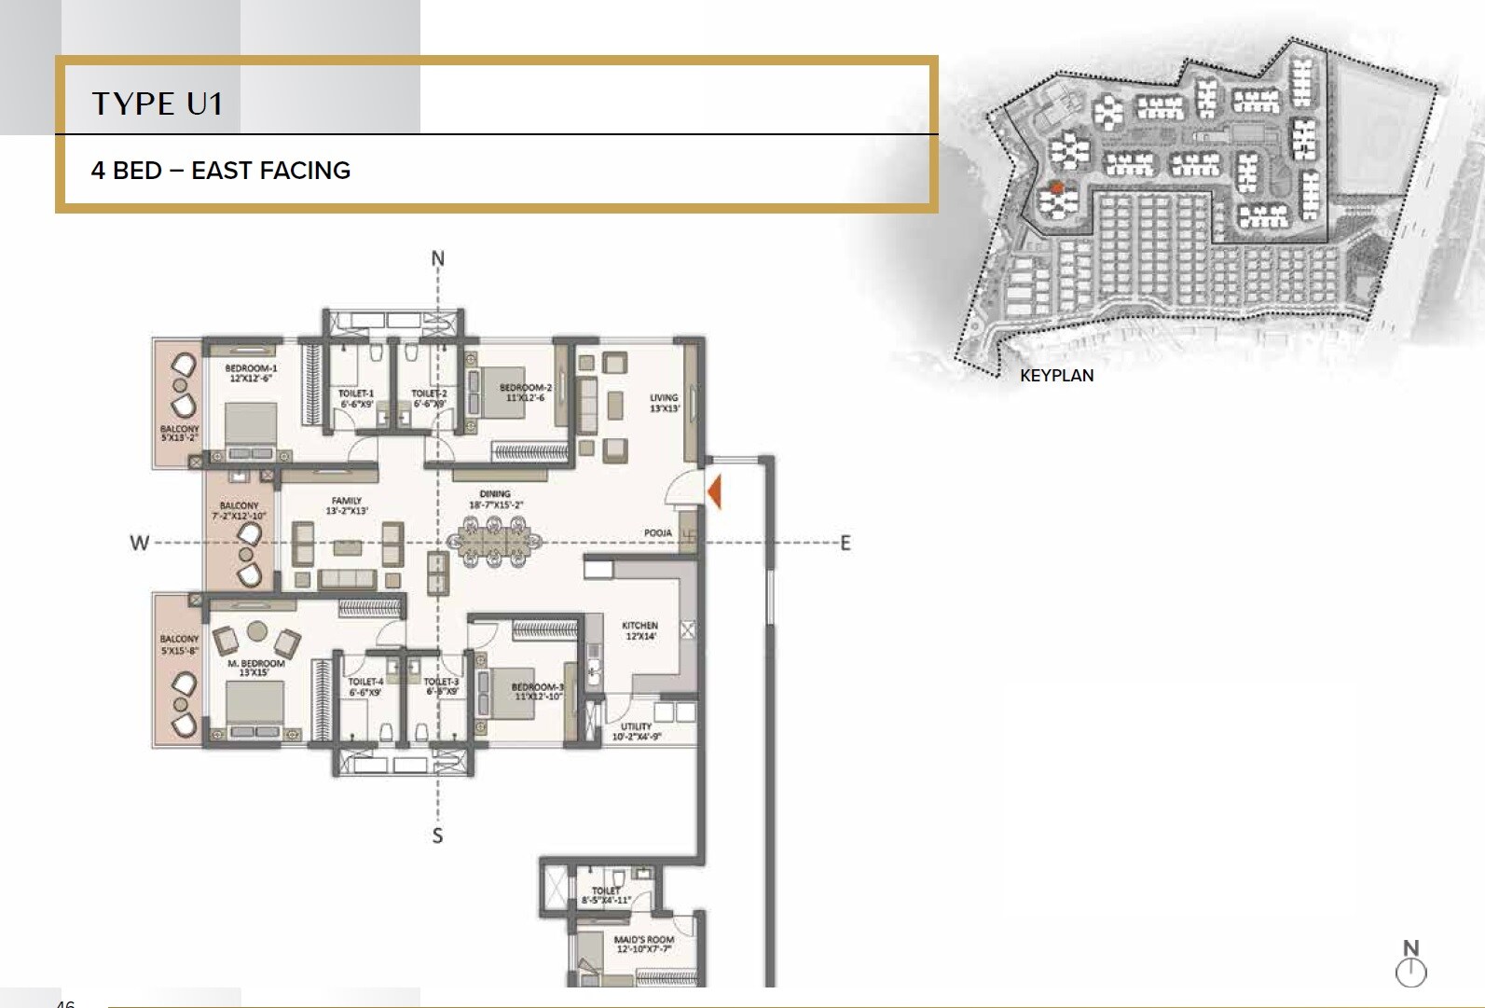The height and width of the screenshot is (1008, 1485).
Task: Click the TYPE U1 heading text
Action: coord(158,104)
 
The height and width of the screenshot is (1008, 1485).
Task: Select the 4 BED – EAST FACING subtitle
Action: coord(221,171)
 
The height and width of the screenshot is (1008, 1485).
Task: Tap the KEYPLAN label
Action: coord(1056,376)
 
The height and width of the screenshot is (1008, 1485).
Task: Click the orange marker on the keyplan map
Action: coord(1056,188)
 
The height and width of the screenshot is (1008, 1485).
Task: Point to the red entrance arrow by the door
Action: coord(714,490)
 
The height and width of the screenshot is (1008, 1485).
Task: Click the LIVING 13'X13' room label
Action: coord(664,403)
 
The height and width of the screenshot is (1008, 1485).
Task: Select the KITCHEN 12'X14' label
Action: coord(639,630)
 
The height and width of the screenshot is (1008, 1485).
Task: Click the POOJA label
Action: coord(658,533)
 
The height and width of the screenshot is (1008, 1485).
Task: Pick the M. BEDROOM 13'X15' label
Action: coord(255,668)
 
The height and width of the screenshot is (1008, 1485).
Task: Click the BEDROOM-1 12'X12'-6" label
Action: coord(251,373)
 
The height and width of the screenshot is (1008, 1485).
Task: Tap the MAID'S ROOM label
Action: coord(643,945)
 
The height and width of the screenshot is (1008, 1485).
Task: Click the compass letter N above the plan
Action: coord(438,258)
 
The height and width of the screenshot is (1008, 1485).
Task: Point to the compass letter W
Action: coord(139,543)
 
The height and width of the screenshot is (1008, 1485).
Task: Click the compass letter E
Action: coord(846,543)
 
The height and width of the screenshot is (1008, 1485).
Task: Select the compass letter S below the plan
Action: coord(437,836)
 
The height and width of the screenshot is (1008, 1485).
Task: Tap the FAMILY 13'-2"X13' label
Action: coord(347,505)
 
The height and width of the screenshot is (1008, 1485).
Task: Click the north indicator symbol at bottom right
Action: coord(1410,964)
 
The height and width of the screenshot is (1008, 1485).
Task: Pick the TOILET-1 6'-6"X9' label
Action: coord(356,398)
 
